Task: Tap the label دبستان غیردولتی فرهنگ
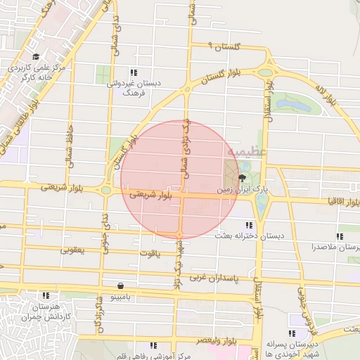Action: pyautogui.click(x=134, y=87)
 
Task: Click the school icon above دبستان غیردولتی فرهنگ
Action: pyautogui.click(x=134, y=72)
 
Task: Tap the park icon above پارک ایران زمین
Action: pyautogui.click(x=243, y=178)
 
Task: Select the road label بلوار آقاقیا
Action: pyautogui.click(x=324, y=201)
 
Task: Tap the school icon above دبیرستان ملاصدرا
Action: pyautogui.click(x=340, y=236)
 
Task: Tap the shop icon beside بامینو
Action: pyautogui.click(x=122, y=286)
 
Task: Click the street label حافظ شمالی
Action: pyautogui.click(x=69, y=143)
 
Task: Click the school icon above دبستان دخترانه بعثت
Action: pyautogui.click(x=249, y=225)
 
